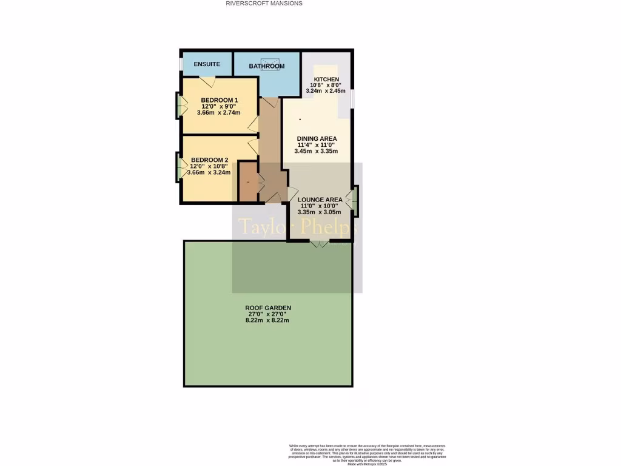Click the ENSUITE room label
pos(207,64)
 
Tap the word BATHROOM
pos(266,66)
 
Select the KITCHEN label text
pos(326,79)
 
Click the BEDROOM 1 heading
pos(219,100)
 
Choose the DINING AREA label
pos(317,139)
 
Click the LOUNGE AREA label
pos(320,200)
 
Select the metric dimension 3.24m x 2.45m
pos(326,91)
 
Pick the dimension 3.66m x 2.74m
pos(219,112)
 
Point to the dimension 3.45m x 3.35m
pos(316,151)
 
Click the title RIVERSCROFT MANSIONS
pos(264,3)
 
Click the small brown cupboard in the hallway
pos(247,181)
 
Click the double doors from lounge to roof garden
pos(320,243)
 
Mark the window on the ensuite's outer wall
pos(181,64)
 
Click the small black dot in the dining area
pos(300,120)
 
